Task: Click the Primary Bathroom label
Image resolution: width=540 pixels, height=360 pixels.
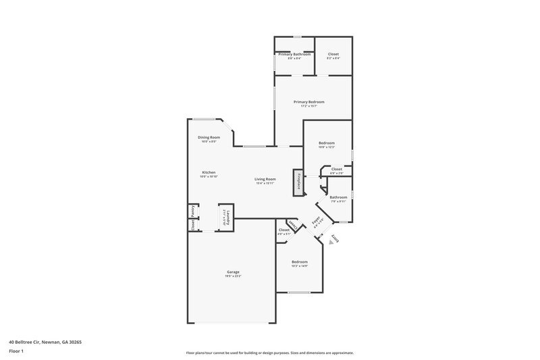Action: point(294,54)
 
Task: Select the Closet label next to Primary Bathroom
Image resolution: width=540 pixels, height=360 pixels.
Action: point(333,54)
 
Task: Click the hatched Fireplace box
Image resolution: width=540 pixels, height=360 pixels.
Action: point(296,183)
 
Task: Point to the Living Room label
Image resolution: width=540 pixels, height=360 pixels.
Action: point(265,179)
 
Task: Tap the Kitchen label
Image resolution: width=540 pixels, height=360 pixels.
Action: point(209,172)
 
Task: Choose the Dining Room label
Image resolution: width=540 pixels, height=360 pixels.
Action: point(210,137)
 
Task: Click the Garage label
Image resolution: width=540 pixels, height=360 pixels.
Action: point(232,272)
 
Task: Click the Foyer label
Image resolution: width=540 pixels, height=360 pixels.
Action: point(316,222)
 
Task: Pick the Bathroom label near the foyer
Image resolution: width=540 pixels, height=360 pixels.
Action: point(338,197)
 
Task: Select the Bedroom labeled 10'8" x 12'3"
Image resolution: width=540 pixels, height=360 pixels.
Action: point(326,143)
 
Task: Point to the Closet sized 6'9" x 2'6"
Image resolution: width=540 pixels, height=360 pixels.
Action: point(336,170)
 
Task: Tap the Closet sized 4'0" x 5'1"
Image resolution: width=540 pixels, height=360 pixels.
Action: point(283,230)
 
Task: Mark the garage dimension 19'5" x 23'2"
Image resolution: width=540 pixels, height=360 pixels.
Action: point(232,276)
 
